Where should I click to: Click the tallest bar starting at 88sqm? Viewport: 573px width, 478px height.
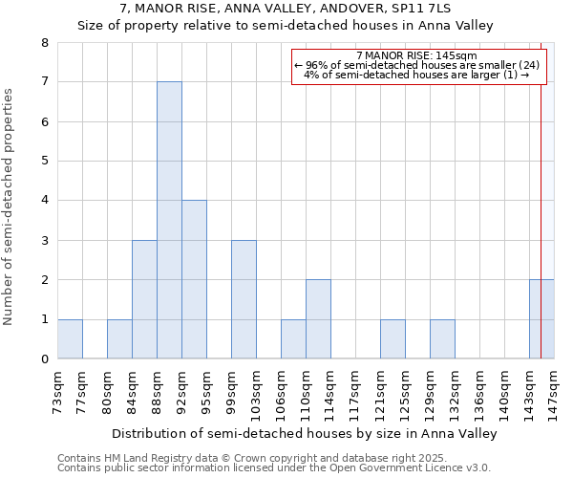pos(169,220)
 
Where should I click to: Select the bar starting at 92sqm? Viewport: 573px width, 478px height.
pos(194,279)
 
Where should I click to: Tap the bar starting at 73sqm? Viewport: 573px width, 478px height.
pos(70,339)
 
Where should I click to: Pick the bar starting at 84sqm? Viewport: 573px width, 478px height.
pos(144,299)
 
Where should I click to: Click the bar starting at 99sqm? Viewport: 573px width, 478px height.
pos(244,299)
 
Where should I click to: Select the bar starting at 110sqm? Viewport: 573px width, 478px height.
pos(318,319)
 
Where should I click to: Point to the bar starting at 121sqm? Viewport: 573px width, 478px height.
pos(393,339)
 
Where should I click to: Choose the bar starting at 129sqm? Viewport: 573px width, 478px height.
pos(442,339)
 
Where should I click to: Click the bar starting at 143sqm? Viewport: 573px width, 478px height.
pos(535,319)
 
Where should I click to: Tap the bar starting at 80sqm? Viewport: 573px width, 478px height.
pos(119,339)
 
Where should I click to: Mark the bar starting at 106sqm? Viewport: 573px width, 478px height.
pos(293,339)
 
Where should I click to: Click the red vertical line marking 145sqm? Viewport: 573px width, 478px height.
pos(541,191)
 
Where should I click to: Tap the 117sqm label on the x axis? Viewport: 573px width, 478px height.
pos(355,391)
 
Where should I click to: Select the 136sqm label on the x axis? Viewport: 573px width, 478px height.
pos(479,391)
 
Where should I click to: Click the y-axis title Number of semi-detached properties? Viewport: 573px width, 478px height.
pos(9,206)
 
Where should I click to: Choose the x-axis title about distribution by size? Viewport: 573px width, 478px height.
pos(307,433)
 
